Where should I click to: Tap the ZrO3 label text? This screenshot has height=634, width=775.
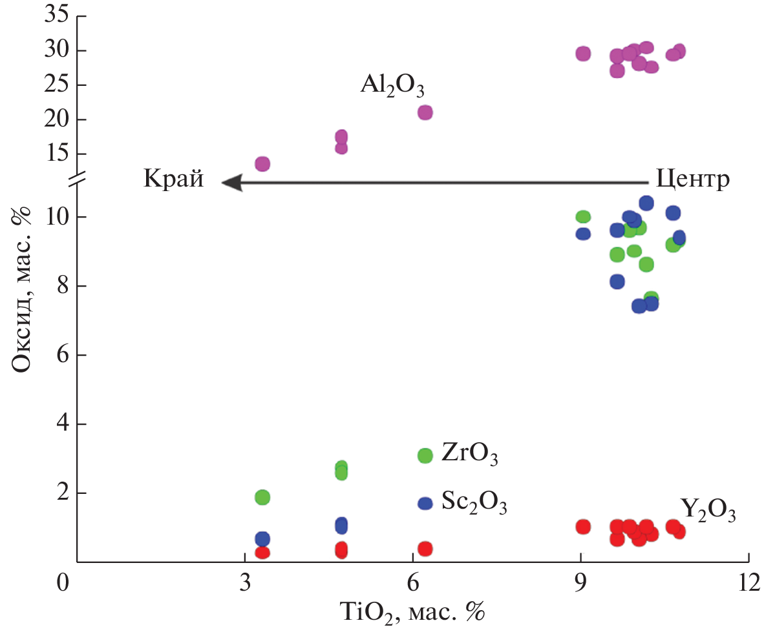coord(470,455)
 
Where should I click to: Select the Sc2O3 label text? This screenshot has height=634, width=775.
coord(474,502)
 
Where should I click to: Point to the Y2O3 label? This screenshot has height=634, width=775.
coord(708,510)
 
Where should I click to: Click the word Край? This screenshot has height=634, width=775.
coord(173,179)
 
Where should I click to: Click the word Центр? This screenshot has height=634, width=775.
coord(692,179)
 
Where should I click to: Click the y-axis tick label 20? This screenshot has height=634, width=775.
coord(56,119)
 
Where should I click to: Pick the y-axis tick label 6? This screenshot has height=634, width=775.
coord(63,355)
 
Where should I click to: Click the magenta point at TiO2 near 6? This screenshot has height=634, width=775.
coord(425,112)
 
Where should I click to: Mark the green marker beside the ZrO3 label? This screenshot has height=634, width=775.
coord(425,456)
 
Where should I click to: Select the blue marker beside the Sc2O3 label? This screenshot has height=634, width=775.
coord(425,504)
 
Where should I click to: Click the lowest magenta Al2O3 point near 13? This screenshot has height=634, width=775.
coord(262,164)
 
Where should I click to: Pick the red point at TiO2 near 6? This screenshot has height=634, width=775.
coord(425,549)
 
